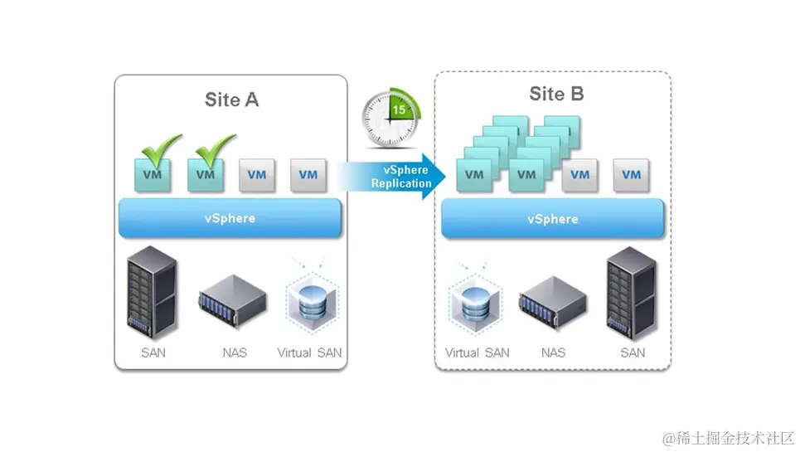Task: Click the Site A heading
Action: [x=231, y=100]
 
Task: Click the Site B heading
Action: [x=556, y=95]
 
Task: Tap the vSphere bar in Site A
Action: [x=230, y=218]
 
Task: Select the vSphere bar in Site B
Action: [x=552, y=219]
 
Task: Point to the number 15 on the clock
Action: [x=399, y=109]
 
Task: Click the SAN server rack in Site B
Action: [x=632, y=294]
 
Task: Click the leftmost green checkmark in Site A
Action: [x=160, y=149]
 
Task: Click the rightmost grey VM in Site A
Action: [x=308, y=175]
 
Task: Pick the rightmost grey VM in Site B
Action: [x=631, y=175]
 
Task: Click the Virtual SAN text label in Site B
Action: [x=477, y=352]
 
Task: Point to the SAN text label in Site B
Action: [x=633, y=352]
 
